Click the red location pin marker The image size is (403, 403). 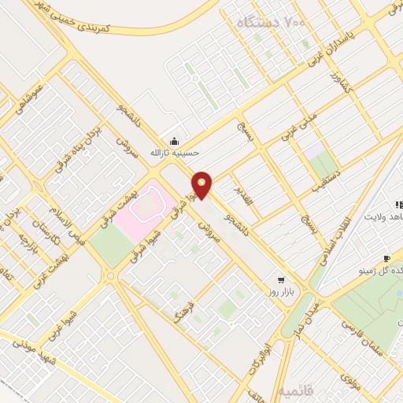point(202,184)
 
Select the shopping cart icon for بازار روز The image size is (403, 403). point(281,280)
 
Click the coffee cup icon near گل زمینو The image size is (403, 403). point(386,259)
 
